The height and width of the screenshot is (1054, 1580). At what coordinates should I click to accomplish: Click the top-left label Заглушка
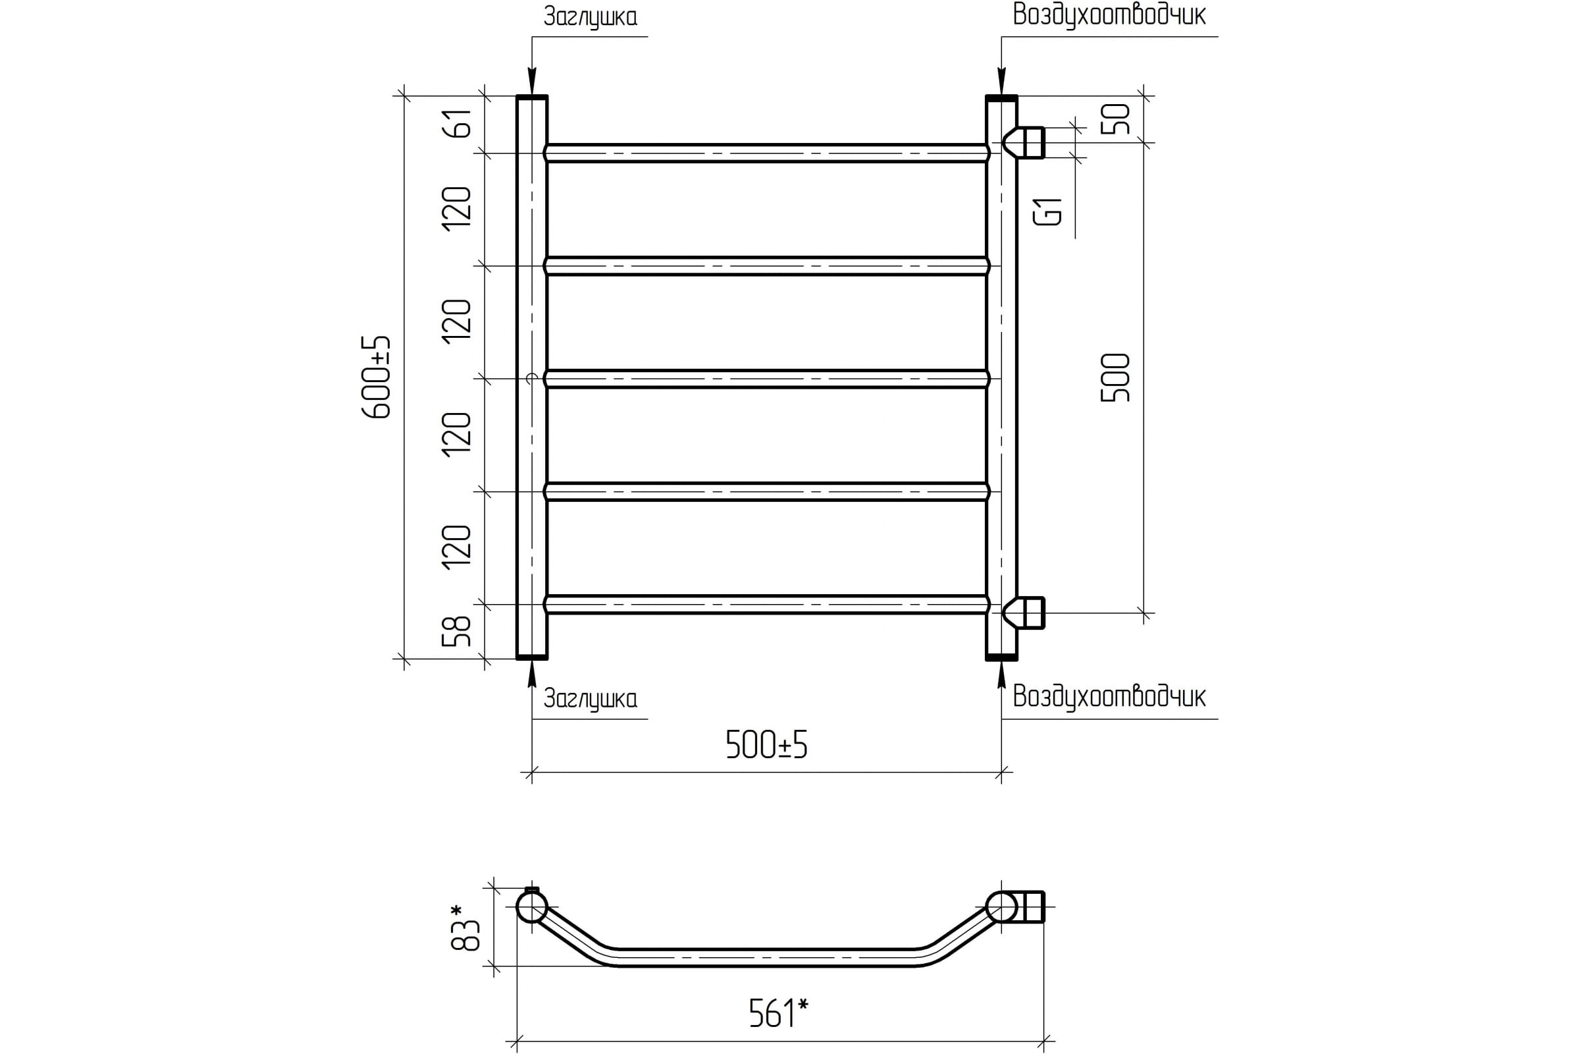[591, 17]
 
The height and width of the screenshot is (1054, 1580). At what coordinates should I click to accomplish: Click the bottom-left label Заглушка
[591, 698]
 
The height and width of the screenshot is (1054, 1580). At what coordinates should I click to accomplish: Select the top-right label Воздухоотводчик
[1109, 14]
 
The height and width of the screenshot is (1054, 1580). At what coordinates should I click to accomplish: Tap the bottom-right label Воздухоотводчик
[1109, 696]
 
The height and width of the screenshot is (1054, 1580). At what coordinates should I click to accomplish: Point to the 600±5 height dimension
[377, 377]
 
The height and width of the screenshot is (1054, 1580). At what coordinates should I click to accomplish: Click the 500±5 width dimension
[766, 745]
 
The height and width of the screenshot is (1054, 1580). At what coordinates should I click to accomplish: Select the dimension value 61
[457, 123]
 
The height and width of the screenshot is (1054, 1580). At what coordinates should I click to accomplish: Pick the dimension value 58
[457, 630]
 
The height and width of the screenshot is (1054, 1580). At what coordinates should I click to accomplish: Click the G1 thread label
[1048, 211]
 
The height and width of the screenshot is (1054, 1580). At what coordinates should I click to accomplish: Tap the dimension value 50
[1116, 119]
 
